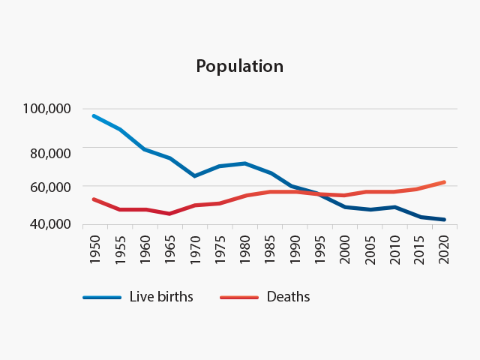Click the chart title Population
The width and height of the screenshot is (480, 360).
(x=240, y=66)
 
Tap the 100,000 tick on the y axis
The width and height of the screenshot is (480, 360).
(x=47, y=109)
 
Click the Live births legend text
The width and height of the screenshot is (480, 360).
(x=161, y=296)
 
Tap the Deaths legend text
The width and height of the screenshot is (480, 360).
(x=288, y=296)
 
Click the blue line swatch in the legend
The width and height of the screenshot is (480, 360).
(x=102, y=297)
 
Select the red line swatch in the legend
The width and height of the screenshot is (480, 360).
(x=238, y=297)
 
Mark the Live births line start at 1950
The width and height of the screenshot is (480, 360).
(x=94, y=116)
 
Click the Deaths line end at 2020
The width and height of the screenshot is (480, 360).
(x=445, y=182)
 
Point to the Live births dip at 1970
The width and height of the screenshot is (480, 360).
(x=195, y=176)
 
